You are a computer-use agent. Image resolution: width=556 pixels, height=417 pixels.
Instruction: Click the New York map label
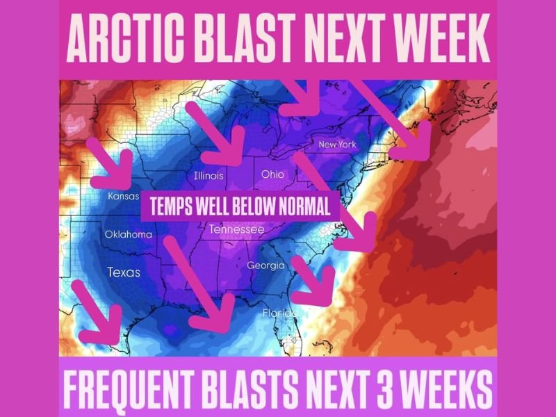click(x=337, y=145)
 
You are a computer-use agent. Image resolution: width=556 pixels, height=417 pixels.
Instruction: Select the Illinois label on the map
click(x=208, y=176)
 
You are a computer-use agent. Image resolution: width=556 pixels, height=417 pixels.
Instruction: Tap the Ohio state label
click(x=272, y=174)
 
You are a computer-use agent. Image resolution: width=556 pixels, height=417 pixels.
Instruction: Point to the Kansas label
click(x=124, y=197)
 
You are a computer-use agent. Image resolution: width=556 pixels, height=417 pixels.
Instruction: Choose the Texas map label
click(x=123, y=272)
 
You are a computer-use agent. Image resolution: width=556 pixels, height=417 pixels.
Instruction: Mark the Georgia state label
click(x=265, y=265)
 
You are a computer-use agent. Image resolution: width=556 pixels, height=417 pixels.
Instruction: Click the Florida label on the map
click(x=280, y=313)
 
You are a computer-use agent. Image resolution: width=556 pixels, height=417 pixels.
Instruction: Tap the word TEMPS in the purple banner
click(x=167, y=207)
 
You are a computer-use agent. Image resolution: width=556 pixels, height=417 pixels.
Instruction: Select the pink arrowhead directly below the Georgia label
click(x=321, y=292)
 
